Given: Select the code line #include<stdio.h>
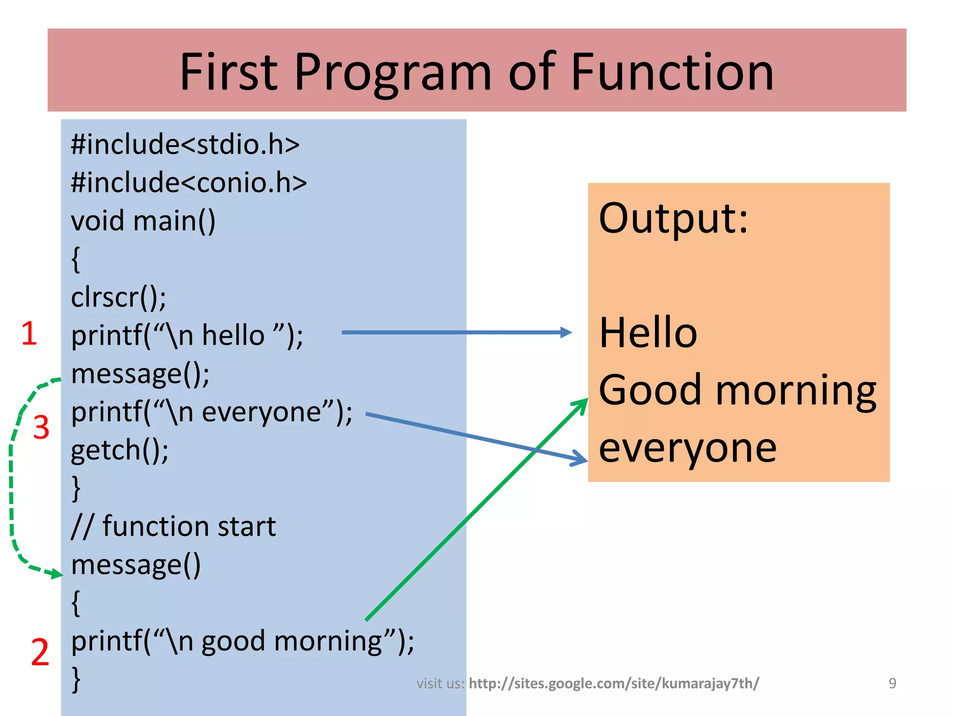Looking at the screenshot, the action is (x=185, y=144).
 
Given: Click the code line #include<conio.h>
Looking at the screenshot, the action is (x=189, y=182).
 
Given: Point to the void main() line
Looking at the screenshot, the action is (x=143, y=221).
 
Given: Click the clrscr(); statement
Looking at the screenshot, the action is (x=118, y=297).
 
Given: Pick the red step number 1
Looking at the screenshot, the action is (x=29, y=334).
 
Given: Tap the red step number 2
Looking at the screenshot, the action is (x=40, y=652).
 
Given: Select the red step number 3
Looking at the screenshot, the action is (x=41, y=427).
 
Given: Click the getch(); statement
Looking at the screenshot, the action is (x=120, y=451).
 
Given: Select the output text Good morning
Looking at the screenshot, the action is (x=737, y=391).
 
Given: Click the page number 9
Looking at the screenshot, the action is (x=893, y=683).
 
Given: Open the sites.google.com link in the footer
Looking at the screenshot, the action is (x=613, y=683).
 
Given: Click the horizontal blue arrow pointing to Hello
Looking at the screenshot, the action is (x=457, y=332).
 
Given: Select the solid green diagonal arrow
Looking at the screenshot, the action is (x=477, y=509).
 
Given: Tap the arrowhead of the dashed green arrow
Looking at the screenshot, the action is (x=56, y=573).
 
